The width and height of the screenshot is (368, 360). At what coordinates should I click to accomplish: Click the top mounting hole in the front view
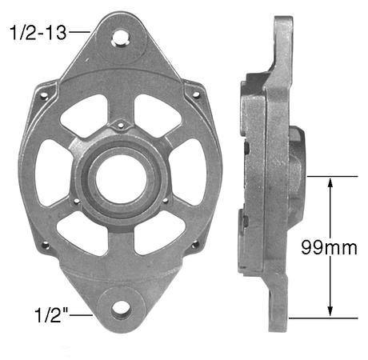(x=121, y=37)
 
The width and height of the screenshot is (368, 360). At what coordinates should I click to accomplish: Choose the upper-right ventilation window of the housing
(x=155, y=116)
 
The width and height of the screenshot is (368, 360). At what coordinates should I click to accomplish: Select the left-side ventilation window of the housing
(x=53, y=173)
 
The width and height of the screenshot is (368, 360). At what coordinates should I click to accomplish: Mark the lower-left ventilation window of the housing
(x=82, y=231)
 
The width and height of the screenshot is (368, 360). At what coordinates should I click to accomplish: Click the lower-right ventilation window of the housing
(x=156, y=232)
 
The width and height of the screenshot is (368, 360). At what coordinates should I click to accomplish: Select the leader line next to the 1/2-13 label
(x=78, y=31)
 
